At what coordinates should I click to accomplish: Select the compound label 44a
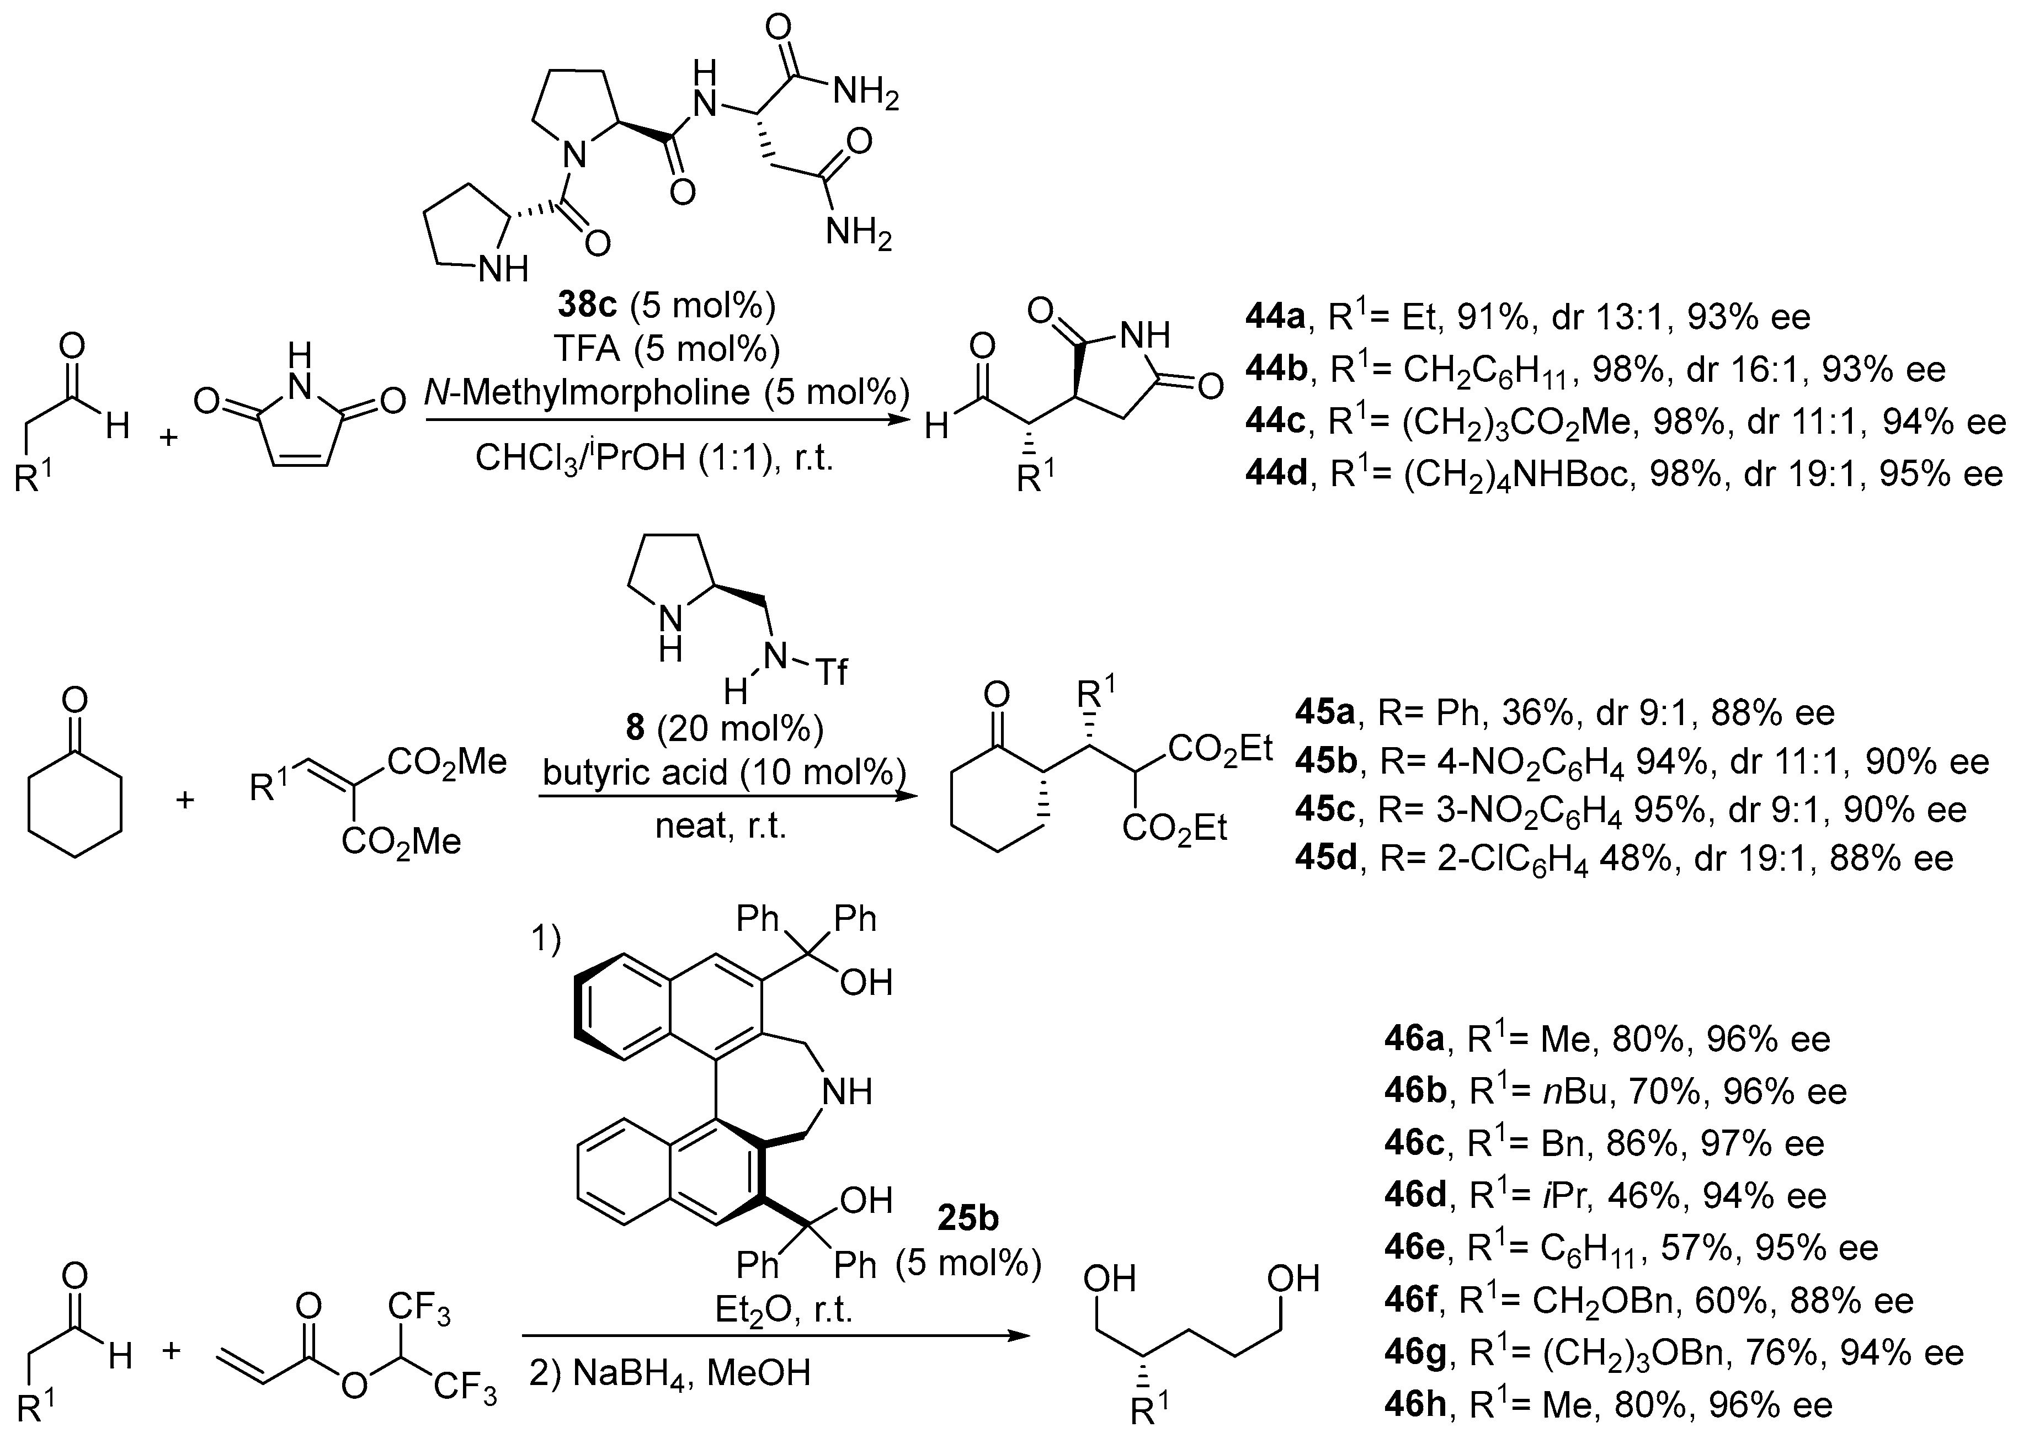point(1273,317)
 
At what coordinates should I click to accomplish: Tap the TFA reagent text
point(588,349)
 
